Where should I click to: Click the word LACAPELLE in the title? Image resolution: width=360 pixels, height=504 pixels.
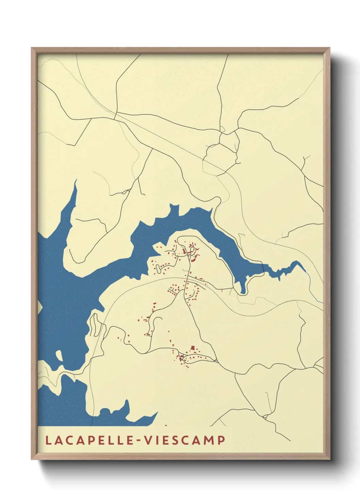pyautogui.click(x=89, y=440)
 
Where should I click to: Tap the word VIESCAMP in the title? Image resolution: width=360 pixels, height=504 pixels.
pyautogui.click(x=185, y=440)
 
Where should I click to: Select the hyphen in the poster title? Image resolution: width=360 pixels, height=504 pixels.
pyautogui.click(x=139, y=441)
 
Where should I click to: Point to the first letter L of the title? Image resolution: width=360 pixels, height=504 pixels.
pyautogui.click(x=48, y=440)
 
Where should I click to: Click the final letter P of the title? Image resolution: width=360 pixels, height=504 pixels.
pyautogui.click(x=222, y=440)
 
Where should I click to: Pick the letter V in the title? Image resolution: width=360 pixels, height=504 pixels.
pyautogui.click(x=148, y=440)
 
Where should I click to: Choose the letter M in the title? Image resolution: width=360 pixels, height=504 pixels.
pyautogui.click(x=210, y=440)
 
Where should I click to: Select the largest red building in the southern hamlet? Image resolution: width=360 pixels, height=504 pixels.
pyautogui.click(x=193, y=348)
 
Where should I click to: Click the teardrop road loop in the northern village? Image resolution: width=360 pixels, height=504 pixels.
pyautogui.click(x=194, y=251)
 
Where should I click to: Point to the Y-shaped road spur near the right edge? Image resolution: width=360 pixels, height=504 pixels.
pyautogui.click(x=306, y=159)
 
